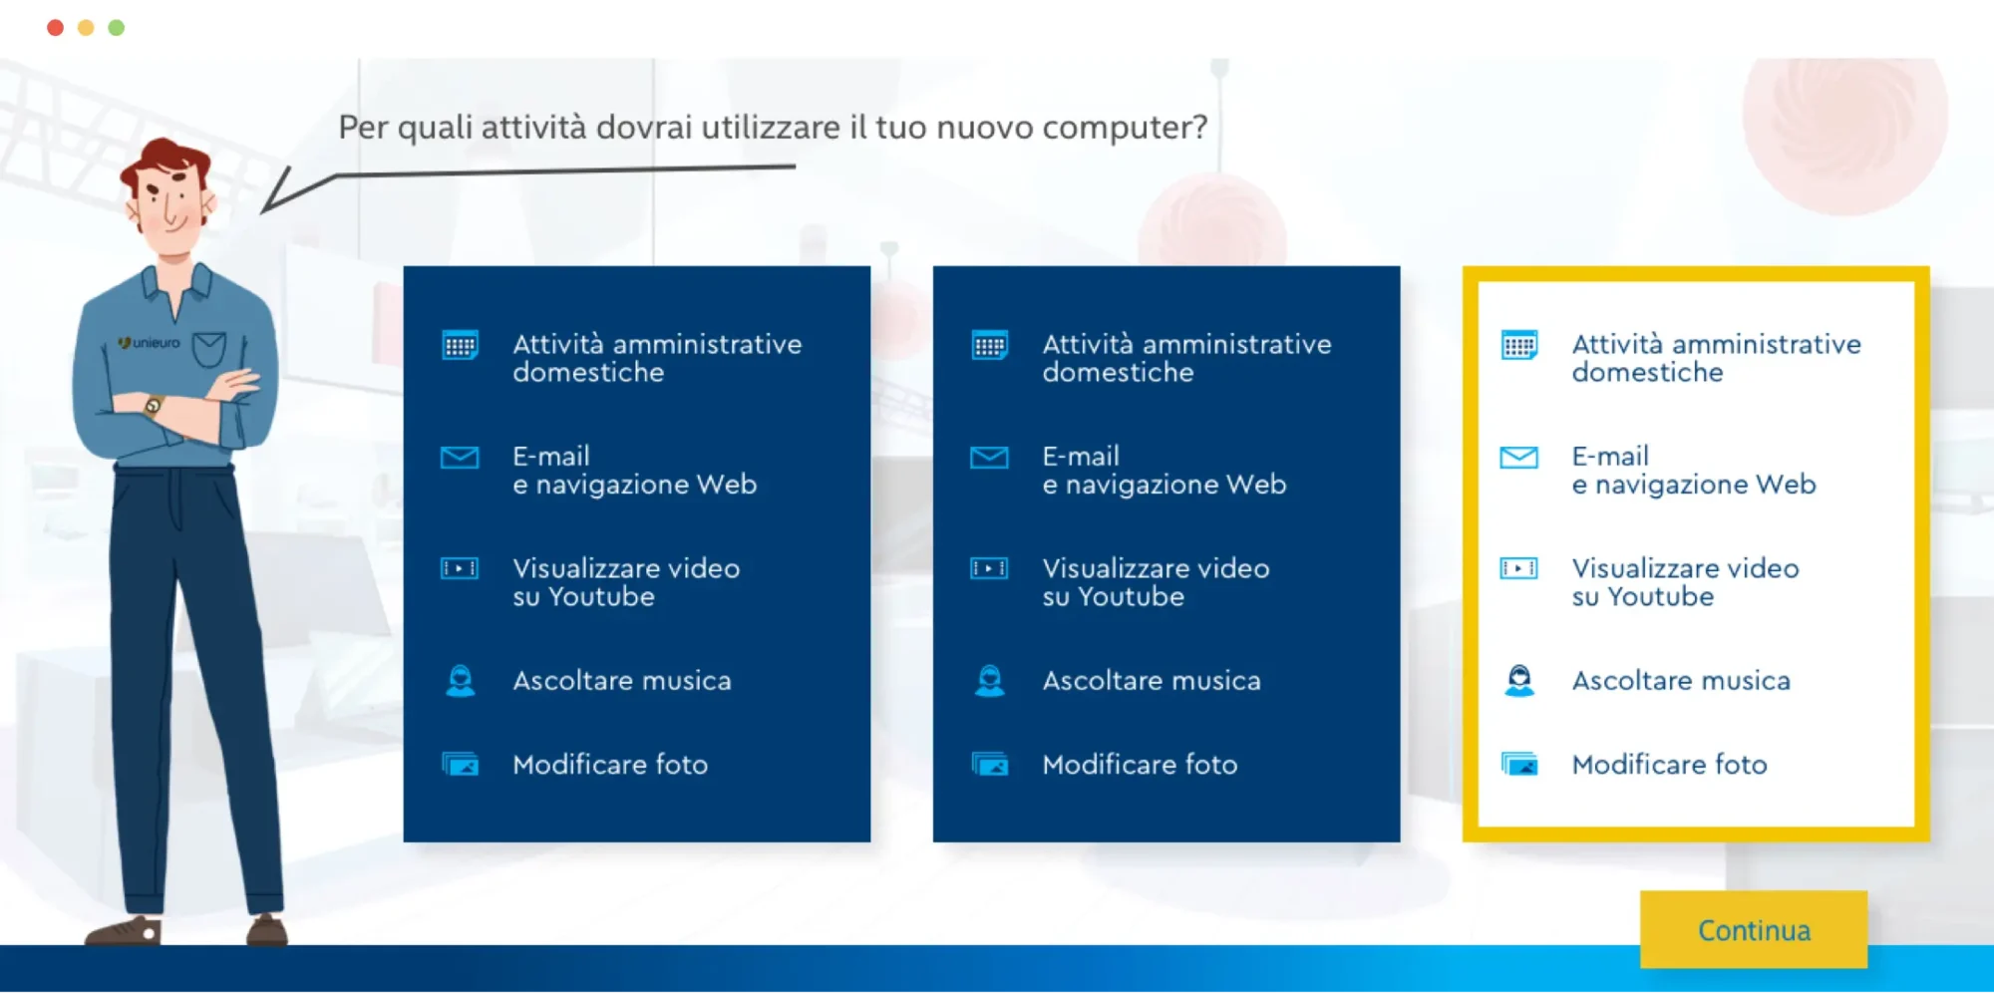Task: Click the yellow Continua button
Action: [x=1754, y=929]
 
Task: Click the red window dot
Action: [x=56, y=28]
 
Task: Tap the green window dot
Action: [x=117, y=28]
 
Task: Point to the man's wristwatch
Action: [x=153, y=406]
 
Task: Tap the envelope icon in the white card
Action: [x=1518, y=458]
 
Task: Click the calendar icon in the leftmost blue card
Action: [x=460, y=345]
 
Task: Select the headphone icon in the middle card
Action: [x=989, y=681]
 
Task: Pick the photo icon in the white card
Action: [x=1518, y=765]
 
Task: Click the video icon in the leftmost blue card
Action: [x=460, y=568]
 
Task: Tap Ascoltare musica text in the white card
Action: [x=1681, y=681]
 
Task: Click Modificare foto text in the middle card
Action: [x=1140, y=765]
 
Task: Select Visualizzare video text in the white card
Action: [x=1685, y=568]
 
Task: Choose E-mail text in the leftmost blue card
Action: [x=551, y=457]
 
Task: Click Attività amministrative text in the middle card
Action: [x=1186, y=344]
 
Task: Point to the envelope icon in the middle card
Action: [x=989, y=458]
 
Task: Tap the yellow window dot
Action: [x=86, y=28]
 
